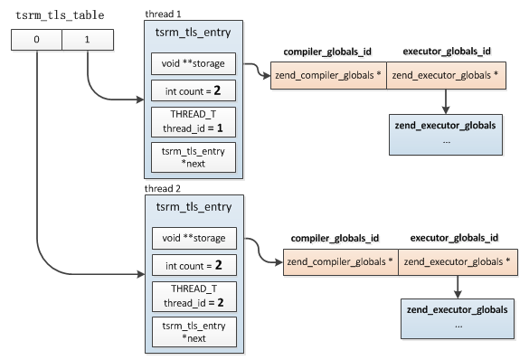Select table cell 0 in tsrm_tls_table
click(36, 40)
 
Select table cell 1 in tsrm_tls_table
click(87, 40)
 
